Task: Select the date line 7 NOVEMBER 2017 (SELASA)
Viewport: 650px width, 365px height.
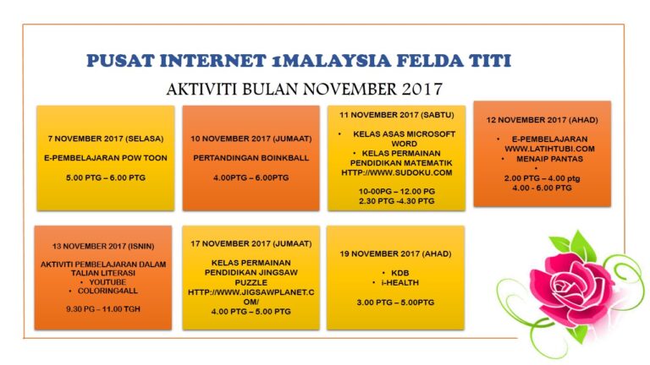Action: tap(106, 139)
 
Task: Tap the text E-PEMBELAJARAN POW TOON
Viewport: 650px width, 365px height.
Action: tap(106, 158)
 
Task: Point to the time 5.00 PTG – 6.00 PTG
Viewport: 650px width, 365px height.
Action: tap(106, 177)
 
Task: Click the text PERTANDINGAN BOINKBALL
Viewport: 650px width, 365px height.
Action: tap(251, 158)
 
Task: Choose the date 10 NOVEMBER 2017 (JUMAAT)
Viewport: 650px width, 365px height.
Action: tap(251, 139)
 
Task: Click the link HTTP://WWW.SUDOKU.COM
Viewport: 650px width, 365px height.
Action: tap(397, 172)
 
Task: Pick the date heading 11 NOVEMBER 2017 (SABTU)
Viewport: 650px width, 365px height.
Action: tap(397, 115)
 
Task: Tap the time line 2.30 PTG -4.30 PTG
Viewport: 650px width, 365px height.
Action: tap(397, 201)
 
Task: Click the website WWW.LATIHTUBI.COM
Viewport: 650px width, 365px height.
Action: tap(549, 149)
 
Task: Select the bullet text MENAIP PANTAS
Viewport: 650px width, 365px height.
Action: tap(549, 159)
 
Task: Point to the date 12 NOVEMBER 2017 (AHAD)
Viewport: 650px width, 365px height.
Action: tap(543, 120)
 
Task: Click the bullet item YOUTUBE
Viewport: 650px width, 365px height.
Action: tap(107, 282)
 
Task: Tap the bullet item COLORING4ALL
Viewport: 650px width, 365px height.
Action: tap(107, 291)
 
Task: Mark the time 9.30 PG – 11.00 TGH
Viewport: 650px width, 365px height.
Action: tap(103, 308)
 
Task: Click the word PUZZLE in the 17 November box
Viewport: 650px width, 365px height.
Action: tap(251, 283)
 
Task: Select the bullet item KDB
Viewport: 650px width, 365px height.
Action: tap(400, 273)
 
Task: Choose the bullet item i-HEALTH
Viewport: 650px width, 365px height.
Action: tap(400, 283)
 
